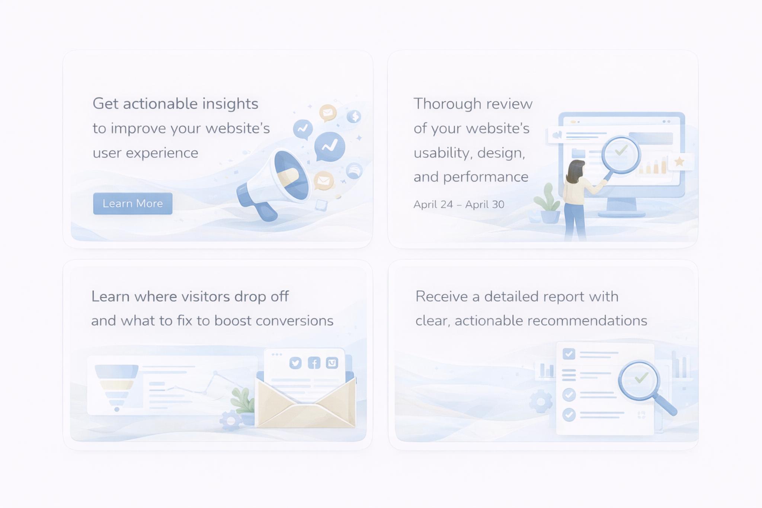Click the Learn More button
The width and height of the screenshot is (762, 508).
133,204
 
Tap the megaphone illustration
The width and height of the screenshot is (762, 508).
275,182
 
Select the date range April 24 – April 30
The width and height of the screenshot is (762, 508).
459,204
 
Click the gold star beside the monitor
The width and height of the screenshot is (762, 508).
679,162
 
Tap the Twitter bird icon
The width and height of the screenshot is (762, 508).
295,363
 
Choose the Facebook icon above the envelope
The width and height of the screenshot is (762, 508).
314,363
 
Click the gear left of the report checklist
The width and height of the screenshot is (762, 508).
541,402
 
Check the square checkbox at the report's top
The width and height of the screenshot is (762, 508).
569,354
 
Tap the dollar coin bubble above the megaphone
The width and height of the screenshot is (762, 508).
354,116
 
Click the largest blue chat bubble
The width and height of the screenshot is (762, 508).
330,146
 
